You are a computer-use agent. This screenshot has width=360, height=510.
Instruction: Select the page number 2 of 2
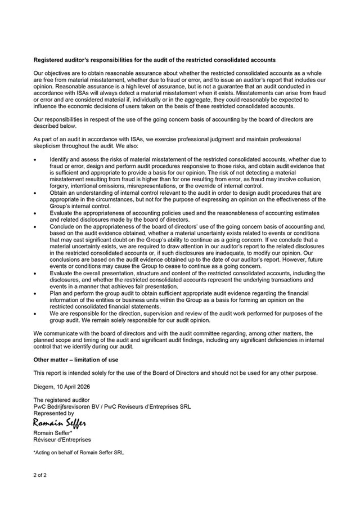42,477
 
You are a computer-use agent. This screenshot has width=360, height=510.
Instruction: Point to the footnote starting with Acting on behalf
79,452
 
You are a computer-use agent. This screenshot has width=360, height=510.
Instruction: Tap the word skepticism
50,145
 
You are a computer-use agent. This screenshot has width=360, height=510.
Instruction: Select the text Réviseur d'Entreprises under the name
62,439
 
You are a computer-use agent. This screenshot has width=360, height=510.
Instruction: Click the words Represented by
53,413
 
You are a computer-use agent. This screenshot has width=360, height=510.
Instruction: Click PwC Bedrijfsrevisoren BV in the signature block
69,406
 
